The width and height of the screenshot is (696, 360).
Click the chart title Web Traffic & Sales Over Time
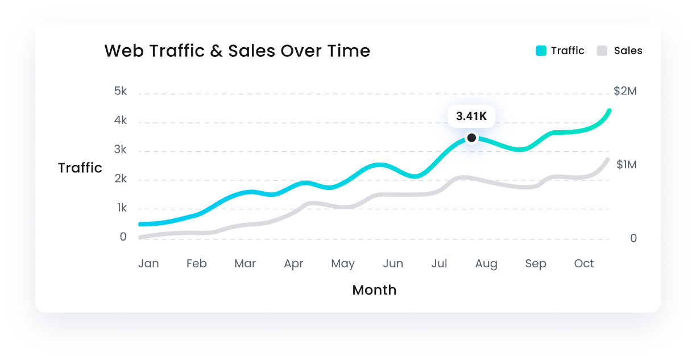click(237, 51)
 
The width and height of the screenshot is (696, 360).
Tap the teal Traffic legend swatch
click(541, 51)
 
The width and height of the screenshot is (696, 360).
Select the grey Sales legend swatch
click(602, 51)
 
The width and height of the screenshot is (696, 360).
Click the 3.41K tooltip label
click(471, 117)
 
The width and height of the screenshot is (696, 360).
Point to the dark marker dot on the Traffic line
click(471, 138)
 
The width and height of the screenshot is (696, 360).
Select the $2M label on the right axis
click(625, 91)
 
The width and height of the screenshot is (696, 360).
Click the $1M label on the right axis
click(625, 164)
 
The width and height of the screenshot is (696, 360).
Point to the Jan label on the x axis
click(148, 263)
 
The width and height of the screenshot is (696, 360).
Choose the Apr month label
click(293, 264)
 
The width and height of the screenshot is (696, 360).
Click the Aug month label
click(486, 264)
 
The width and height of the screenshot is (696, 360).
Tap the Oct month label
click(584, 263)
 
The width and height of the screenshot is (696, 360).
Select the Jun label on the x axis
click(393, 263)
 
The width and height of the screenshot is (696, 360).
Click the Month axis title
click(374, 290)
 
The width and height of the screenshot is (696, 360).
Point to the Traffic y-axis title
click(80, 168)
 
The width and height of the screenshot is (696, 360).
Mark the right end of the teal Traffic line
click(609, 110)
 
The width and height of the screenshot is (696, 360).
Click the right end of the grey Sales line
click(608, 160)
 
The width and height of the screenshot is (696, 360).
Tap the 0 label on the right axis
click(633, 238)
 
